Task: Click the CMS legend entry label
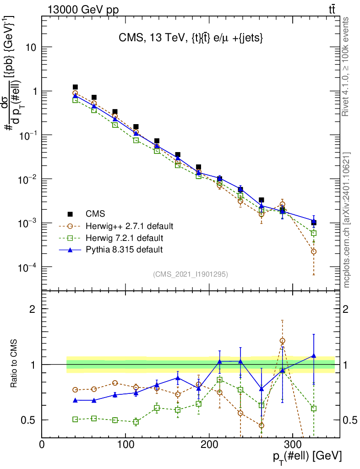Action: (x=95, y=214)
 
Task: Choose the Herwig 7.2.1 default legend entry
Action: (x=124, y=238)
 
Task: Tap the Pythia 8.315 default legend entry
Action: (x=124, y=250)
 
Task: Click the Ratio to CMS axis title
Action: (x=14, y=364)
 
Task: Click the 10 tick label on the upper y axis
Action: (x=32, y=48)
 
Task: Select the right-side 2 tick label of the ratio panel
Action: (x=347, y=309)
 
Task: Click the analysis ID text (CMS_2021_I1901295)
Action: (x=191, y=274)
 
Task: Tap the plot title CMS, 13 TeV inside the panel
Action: (x=188, y=39)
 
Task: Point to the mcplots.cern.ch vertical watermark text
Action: (x=347, y=219)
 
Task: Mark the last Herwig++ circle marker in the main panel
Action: (x=313, y=251)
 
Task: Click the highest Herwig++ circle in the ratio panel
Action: (x=282, y=341)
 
